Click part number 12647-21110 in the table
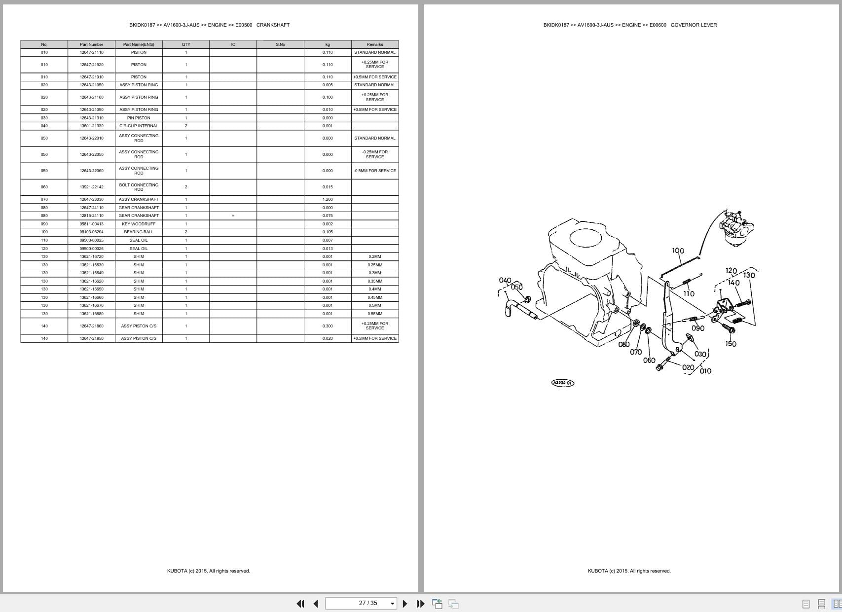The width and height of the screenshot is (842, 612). (91, 52)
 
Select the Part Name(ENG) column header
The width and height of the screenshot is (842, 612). (139, 44)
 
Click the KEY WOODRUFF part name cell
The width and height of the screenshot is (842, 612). (139, 224)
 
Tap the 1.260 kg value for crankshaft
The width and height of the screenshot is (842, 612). (328, 199)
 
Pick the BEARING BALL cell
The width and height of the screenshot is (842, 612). (139, 232)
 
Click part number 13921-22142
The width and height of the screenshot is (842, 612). (91, 187)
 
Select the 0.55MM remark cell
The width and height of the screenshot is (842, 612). (375, 314)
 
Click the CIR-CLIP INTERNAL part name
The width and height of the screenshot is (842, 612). (139, 126)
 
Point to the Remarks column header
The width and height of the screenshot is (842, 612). (375, 44)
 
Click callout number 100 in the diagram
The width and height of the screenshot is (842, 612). (678, 251)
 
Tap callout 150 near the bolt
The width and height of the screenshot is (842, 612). (731, 344)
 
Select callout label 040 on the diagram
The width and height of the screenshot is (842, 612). (505, 281)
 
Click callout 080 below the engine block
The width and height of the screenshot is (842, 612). (623, 345)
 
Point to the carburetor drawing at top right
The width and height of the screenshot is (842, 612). (736, 227)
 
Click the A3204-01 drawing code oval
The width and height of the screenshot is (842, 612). (562, 383)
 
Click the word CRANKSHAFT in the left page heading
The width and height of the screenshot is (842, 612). (273, 25)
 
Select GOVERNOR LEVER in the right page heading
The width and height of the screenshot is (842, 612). (694, 25)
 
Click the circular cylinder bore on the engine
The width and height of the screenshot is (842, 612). (586, 239)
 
